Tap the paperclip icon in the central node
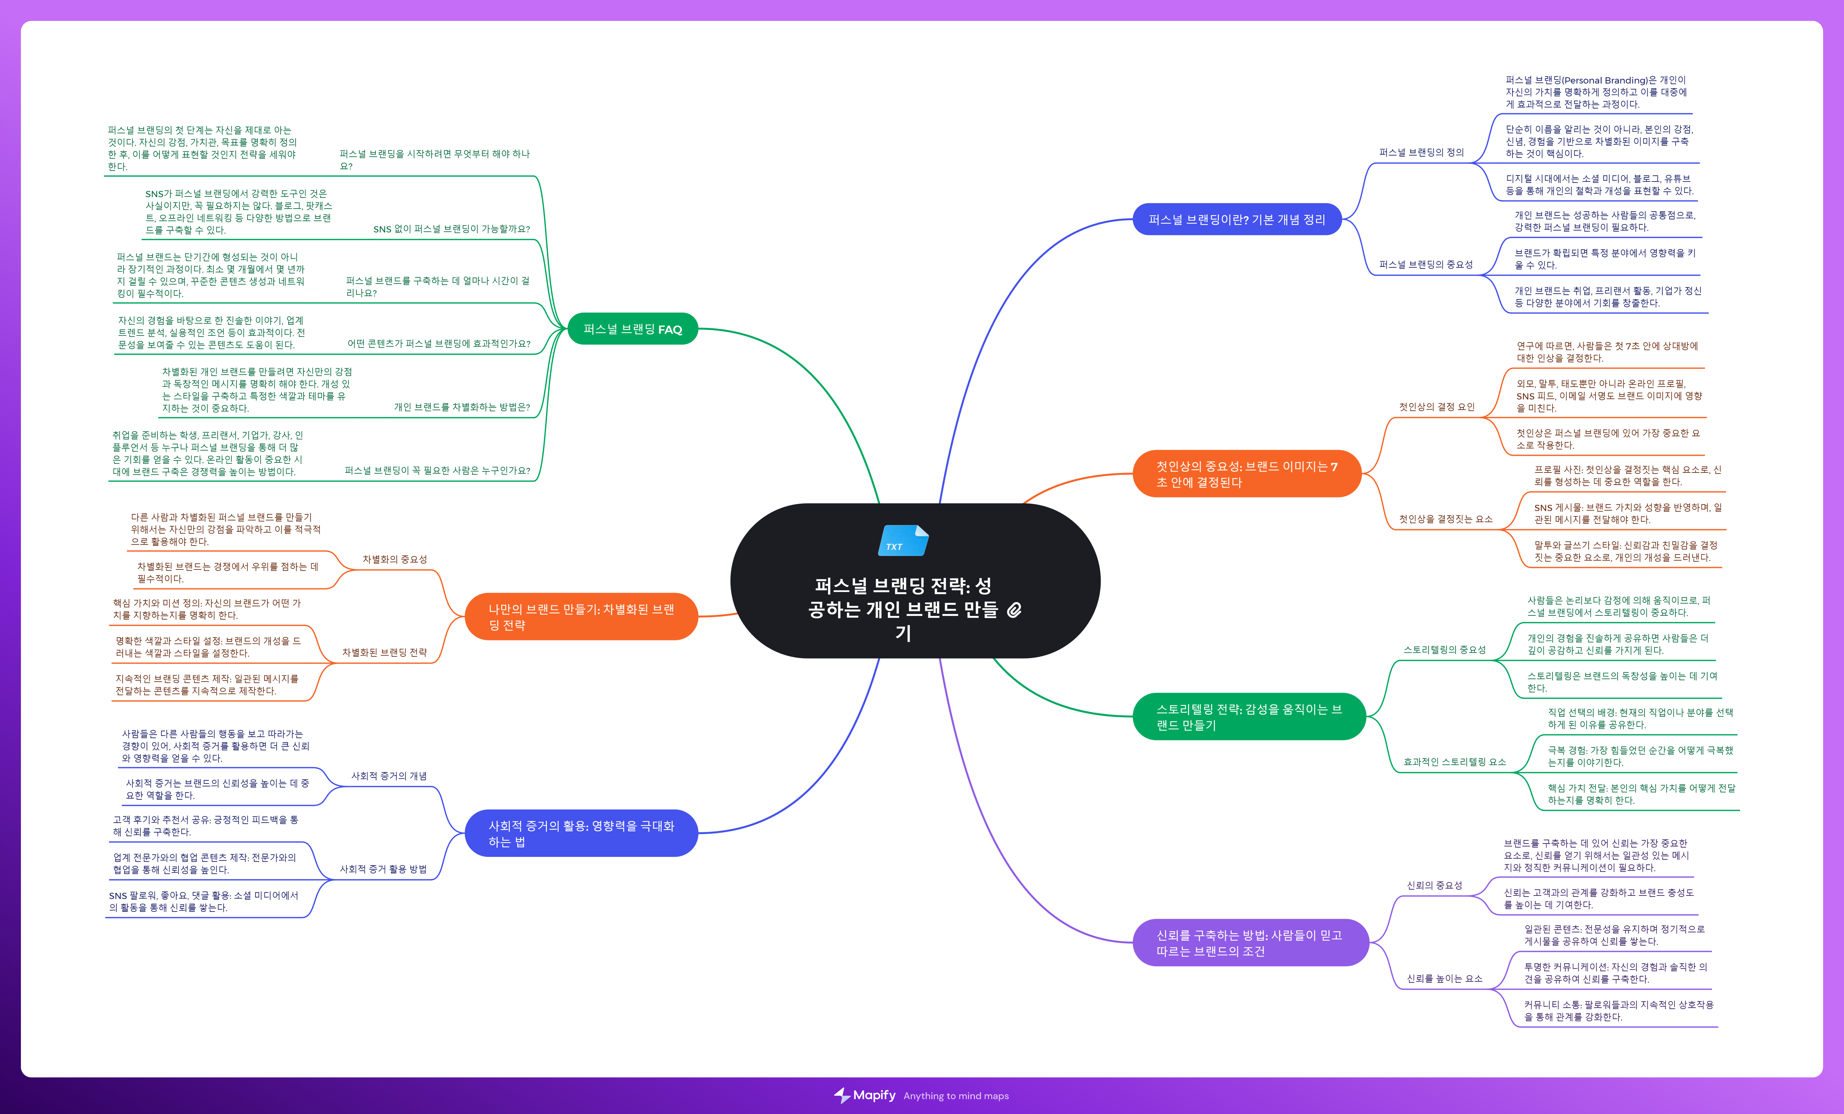[x=1014, y=610]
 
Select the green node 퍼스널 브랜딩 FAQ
[x=632, y=329]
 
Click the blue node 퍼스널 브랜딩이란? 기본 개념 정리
[x=1236, y=219]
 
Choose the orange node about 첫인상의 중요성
[x=1247, y=474]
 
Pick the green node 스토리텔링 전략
[x=1248, y=716]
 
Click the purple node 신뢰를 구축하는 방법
[x=1250, y=943]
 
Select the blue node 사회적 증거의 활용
[x=581, y=833]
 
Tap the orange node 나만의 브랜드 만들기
[x=581, y=617]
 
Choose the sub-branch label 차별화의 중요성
[x=394, y=559]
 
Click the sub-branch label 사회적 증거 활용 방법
[x=383, y=869]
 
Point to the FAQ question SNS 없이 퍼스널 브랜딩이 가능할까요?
[x=451, y=229]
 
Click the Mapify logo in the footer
[x=865, y=1095]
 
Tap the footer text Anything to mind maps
[x=956, y=1096]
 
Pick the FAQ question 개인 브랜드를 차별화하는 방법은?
[x=462, y=407]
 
